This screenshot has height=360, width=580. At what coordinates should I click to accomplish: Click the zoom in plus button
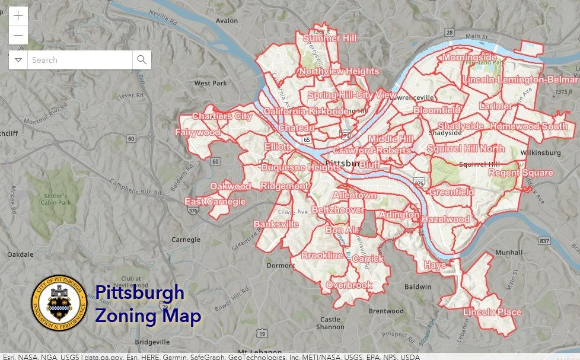pyautogui.click(x=18, y=16)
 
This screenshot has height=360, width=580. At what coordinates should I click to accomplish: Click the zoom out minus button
pyautogui.click(x=18, y=36)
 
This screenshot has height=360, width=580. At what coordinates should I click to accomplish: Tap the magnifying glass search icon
pyautogui.click(x=141, y=60)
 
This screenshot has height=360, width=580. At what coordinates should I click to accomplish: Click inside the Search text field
pyautogui.click(x=79, y=60)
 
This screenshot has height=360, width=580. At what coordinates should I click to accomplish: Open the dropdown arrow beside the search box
pyautogui.click(x=18, y=60)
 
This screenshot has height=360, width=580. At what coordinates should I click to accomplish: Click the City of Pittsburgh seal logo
pyautogui.click(x=59, y=304)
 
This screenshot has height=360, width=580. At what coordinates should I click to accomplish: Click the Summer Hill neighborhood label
pyautogui.click(x=330, y=39)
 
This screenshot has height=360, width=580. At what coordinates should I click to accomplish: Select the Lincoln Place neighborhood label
pyautogui.click(x=492, y=313)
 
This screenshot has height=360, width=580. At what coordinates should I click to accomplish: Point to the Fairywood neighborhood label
pyautogui.click(x=197, y=132)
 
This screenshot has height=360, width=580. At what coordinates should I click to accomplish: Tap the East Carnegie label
pyautogui.click(x=215, y=202)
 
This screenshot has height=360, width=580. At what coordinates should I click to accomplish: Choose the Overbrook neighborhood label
pyautogui.click(x=349, y=285)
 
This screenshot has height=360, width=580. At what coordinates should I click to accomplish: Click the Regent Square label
pyautogui.click(x=520, y=173)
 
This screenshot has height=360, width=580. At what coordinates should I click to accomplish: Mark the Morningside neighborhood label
pyautogui.click(x=469, y=58)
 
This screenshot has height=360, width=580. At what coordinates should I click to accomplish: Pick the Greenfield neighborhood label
pyautogui.click(x=451, y=192)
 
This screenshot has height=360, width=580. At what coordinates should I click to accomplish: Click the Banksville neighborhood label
pyautogui.click(x=276, y=224)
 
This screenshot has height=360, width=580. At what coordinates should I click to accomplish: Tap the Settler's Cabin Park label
pyautogui.click(x=56, y=199)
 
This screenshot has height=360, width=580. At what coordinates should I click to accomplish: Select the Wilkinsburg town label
pyautogui.click(x=540, y=152)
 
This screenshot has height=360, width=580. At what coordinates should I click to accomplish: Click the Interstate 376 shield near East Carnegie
pyautogui.click(x=193, y=210)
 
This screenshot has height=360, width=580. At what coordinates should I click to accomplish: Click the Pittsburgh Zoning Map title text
pyautogui.click(x=148, y=304)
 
